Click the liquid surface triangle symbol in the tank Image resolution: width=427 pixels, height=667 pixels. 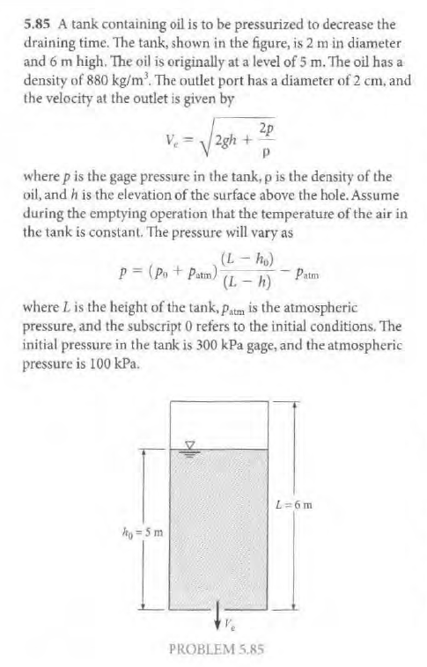[187, 444]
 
